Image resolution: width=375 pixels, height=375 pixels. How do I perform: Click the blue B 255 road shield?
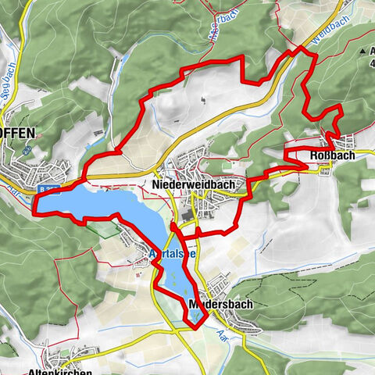[48, 188]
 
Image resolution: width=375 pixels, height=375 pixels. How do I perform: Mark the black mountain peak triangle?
[362, 52]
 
